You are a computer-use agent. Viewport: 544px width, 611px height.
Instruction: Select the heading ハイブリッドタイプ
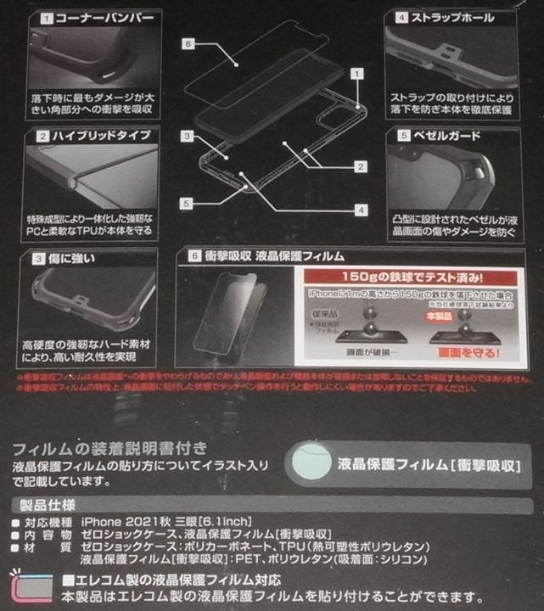coord(101,136)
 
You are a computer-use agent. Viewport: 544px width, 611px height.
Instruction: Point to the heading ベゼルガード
coord(451,136)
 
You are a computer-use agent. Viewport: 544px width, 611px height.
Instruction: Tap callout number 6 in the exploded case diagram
coord(190,42)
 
